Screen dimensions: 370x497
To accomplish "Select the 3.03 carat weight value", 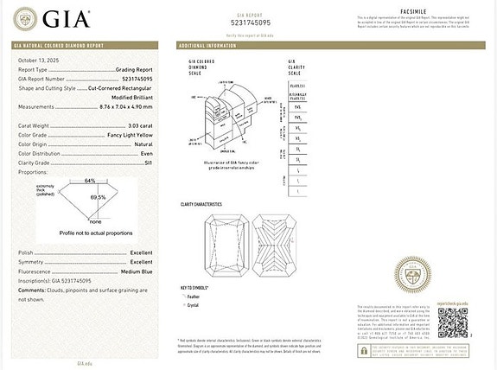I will point(139,126).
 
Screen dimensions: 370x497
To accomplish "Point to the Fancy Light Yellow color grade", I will point(131,135).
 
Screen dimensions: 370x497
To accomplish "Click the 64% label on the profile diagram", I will point(90,180).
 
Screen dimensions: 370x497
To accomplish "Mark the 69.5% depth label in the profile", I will point(97,197).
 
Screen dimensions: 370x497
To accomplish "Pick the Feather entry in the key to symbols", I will point(193,297).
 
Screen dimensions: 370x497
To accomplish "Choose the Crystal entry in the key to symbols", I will point(193,305).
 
